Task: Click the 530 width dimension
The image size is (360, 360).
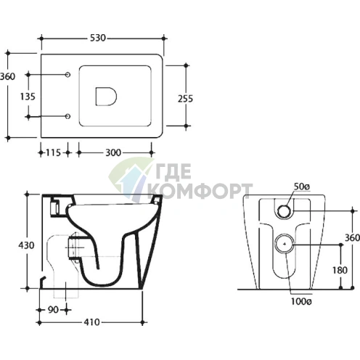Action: [x=98, y=38]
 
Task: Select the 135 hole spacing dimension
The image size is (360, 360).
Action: [x=28, y=97]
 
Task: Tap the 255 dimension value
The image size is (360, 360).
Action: [x=185, y=99]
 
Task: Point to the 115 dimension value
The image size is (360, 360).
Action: [x=53, y=152]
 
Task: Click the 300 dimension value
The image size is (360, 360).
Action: [x=113, y=152]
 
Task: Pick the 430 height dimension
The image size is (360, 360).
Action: [x=26, y=245]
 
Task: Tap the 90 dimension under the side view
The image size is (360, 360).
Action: [x=53, y=310]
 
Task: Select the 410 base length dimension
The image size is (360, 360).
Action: [x=91, y=322]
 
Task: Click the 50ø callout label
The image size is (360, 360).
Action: [x=302, y=187]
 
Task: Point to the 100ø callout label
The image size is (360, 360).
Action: [x=301, y=301]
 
